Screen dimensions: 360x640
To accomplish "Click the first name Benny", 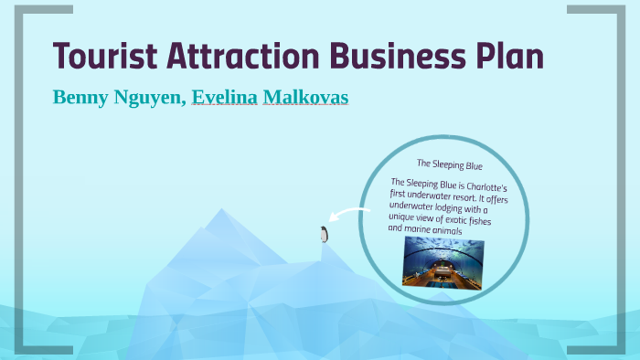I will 80,98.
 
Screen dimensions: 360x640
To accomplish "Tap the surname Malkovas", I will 305,98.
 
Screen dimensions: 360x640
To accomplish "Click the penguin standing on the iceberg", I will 323,235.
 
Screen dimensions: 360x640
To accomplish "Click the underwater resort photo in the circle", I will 443,263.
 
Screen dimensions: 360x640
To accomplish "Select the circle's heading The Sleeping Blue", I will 449,164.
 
